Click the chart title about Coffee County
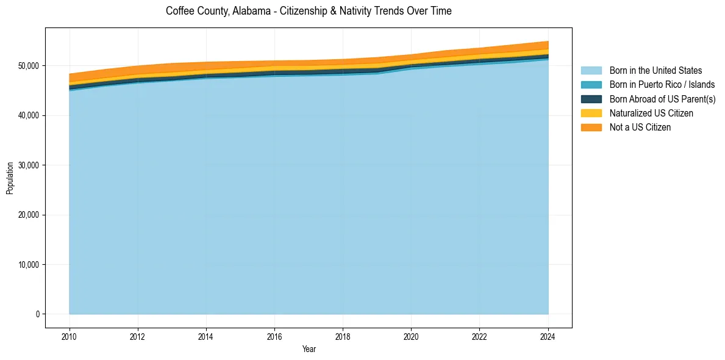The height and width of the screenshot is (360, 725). point(309,11)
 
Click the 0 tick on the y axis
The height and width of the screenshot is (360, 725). point(37,314)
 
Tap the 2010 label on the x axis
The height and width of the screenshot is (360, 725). point(70,336)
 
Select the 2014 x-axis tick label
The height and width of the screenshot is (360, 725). point(206,336)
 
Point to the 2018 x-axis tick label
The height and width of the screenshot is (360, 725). point(343,336)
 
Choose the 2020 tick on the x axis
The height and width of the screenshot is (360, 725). point(412,336)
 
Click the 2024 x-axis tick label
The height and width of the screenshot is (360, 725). point(548,336)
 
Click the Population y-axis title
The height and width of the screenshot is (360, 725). point(10,178)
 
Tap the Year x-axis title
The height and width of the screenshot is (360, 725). point(309,349)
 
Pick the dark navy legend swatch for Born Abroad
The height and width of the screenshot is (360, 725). point(591,99)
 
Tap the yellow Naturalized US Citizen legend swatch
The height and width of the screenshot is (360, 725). point(591,113)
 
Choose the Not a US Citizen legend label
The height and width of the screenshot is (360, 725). point(640,128)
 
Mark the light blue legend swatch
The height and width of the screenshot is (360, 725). point(591,71)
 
